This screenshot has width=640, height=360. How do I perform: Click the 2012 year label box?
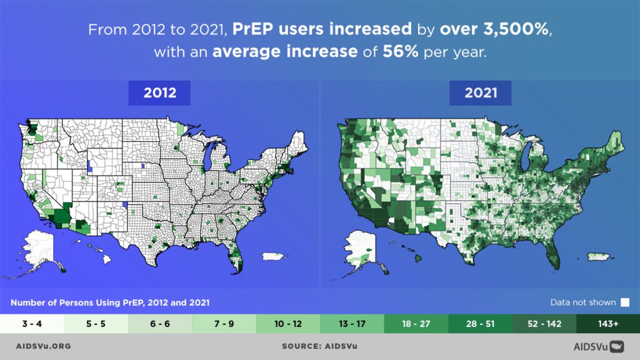tap(160, 93)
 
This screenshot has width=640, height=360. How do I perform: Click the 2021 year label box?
tap(480, 93)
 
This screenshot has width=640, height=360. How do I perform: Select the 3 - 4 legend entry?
tap(32, 324)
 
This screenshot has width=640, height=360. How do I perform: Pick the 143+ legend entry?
tap(607, 324)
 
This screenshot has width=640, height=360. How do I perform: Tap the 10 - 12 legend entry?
tap(287, 324)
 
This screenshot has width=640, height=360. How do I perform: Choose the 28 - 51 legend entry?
tap(479, 324)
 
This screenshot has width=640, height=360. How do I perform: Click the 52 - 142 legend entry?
tap(544, 324)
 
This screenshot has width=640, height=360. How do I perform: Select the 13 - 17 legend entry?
tap(351, 324)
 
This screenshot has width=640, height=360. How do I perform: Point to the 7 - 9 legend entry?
tap(224, 324)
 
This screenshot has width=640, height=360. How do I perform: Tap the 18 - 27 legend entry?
tap(416, 324)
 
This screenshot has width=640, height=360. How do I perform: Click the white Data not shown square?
tap(624, 302)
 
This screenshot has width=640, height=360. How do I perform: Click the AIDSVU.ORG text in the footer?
tap(43, 346)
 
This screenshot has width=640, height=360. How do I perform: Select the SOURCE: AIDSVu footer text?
tap(319, 346)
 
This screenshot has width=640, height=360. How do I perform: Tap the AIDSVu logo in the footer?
tap(599, 346)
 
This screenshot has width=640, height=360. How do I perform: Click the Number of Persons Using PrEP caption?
tap(110, 302)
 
